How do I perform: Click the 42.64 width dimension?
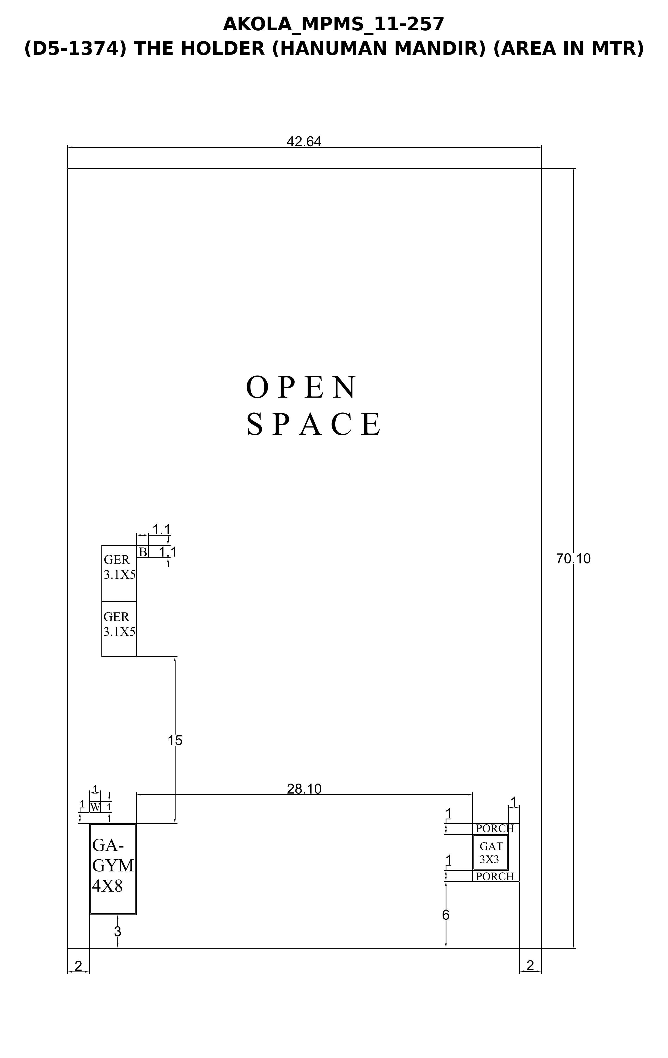pos(304,141)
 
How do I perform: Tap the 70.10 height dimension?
pos(573,559)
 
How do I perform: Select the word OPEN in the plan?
pos(301,388)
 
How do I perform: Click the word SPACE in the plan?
pos(314,424)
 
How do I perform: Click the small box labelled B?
pos(143,552)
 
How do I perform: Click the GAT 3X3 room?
pos(491,852)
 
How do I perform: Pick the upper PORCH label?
pos(495,829)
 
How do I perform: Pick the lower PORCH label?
pos(495,876)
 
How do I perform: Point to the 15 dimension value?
pos(175,741)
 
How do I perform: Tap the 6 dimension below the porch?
pos(446,915)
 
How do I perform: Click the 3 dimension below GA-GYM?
pos(117,932)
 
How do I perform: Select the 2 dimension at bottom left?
pos(78,966)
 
